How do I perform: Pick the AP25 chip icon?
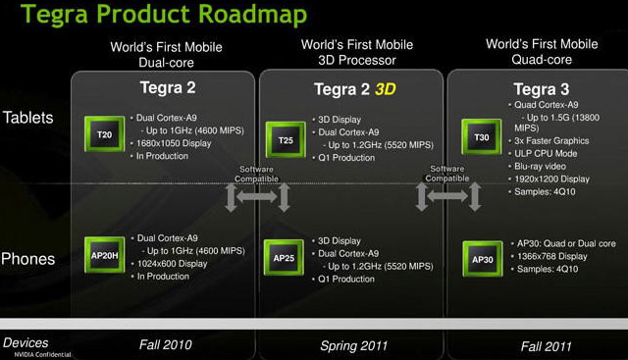284,258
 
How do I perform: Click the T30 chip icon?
482,137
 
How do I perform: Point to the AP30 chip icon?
482,258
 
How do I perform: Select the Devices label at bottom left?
26,342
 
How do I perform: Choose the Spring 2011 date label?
354,345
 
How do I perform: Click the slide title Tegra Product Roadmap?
154,15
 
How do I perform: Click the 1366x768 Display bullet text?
550,256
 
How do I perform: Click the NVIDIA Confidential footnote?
29,354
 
